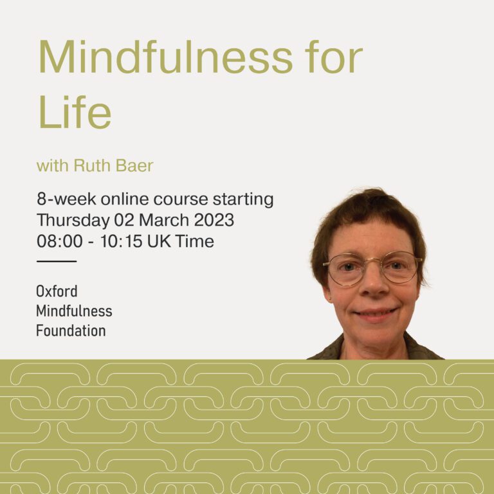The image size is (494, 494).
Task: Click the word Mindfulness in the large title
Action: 166,57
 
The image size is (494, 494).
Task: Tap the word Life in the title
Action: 75,111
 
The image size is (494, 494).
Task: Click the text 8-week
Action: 66,199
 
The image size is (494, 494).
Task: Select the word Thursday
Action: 73,221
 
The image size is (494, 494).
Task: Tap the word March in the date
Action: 164,220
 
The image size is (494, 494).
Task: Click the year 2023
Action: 214,220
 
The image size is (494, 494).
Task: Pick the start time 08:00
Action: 60,241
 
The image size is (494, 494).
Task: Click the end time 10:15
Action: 122,241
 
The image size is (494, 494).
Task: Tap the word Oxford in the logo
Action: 57,291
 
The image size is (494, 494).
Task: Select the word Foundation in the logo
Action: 71,331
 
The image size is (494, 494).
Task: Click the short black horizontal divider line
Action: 57,261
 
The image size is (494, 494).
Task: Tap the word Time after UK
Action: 195,241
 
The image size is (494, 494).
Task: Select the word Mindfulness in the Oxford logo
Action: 74,311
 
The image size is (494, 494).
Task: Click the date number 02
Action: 124,220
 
